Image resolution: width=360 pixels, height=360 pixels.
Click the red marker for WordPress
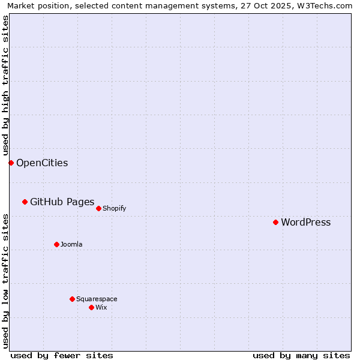[275, 222]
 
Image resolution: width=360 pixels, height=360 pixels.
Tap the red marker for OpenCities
[11, 163]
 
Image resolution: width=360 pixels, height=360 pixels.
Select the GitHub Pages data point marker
[25, 202]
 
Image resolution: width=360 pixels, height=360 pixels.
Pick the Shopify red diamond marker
[98, 208]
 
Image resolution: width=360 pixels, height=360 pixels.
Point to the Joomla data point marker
[56, 244]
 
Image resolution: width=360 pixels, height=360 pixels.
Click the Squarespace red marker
[72, 299]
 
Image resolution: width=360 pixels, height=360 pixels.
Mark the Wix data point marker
[91, 307]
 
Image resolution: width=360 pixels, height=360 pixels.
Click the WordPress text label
[305, 223]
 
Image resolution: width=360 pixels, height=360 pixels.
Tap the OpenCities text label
[42, 163]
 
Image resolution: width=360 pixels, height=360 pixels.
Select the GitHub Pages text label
[62, 202]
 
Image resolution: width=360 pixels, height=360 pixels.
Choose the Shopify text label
[114, 209]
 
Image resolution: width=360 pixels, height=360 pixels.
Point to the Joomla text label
[71, 245]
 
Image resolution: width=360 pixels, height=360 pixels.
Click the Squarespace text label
[97, 299]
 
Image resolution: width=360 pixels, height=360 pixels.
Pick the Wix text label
[101, 308]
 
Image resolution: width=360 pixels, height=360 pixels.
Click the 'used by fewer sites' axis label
[62, 355]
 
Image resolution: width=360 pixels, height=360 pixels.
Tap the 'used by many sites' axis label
[301, 355]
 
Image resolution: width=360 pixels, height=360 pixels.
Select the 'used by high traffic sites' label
[5, 86]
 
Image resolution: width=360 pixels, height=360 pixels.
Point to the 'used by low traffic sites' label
[5, 280]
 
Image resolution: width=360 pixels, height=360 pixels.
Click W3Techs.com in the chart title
[324, 6]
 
